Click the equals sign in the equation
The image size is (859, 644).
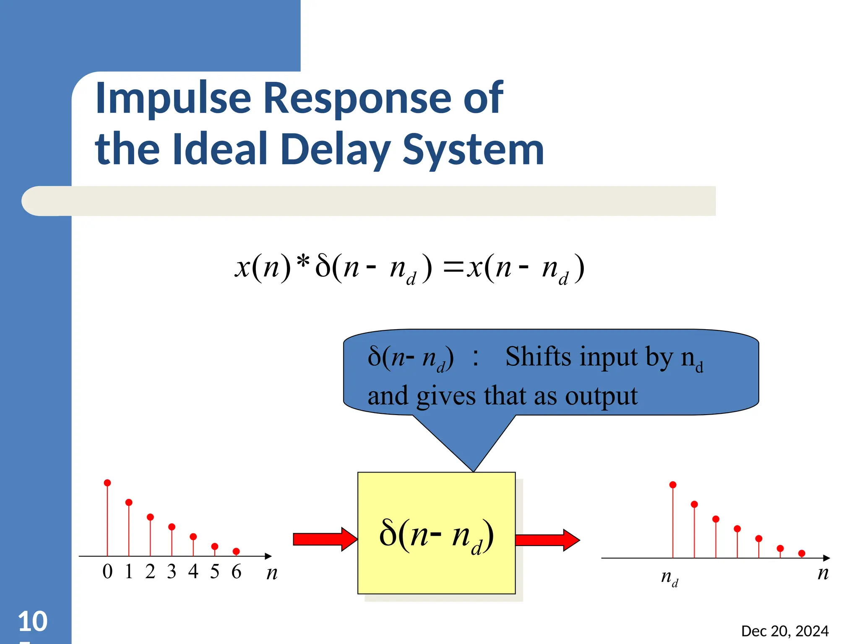point(454,267)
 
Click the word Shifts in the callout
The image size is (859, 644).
point(538,357)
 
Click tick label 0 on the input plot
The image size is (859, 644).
point(107,572)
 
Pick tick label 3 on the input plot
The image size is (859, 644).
point(172,572)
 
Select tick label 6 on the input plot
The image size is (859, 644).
point(236,572)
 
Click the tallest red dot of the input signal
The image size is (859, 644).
point(107,483)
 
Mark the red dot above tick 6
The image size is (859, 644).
point(236,551)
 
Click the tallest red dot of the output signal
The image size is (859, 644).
point(673,485)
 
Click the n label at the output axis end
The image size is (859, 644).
point(823,573)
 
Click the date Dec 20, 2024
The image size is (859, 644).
point(785,631)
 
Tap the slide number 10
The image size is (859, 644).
point(33,621)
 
